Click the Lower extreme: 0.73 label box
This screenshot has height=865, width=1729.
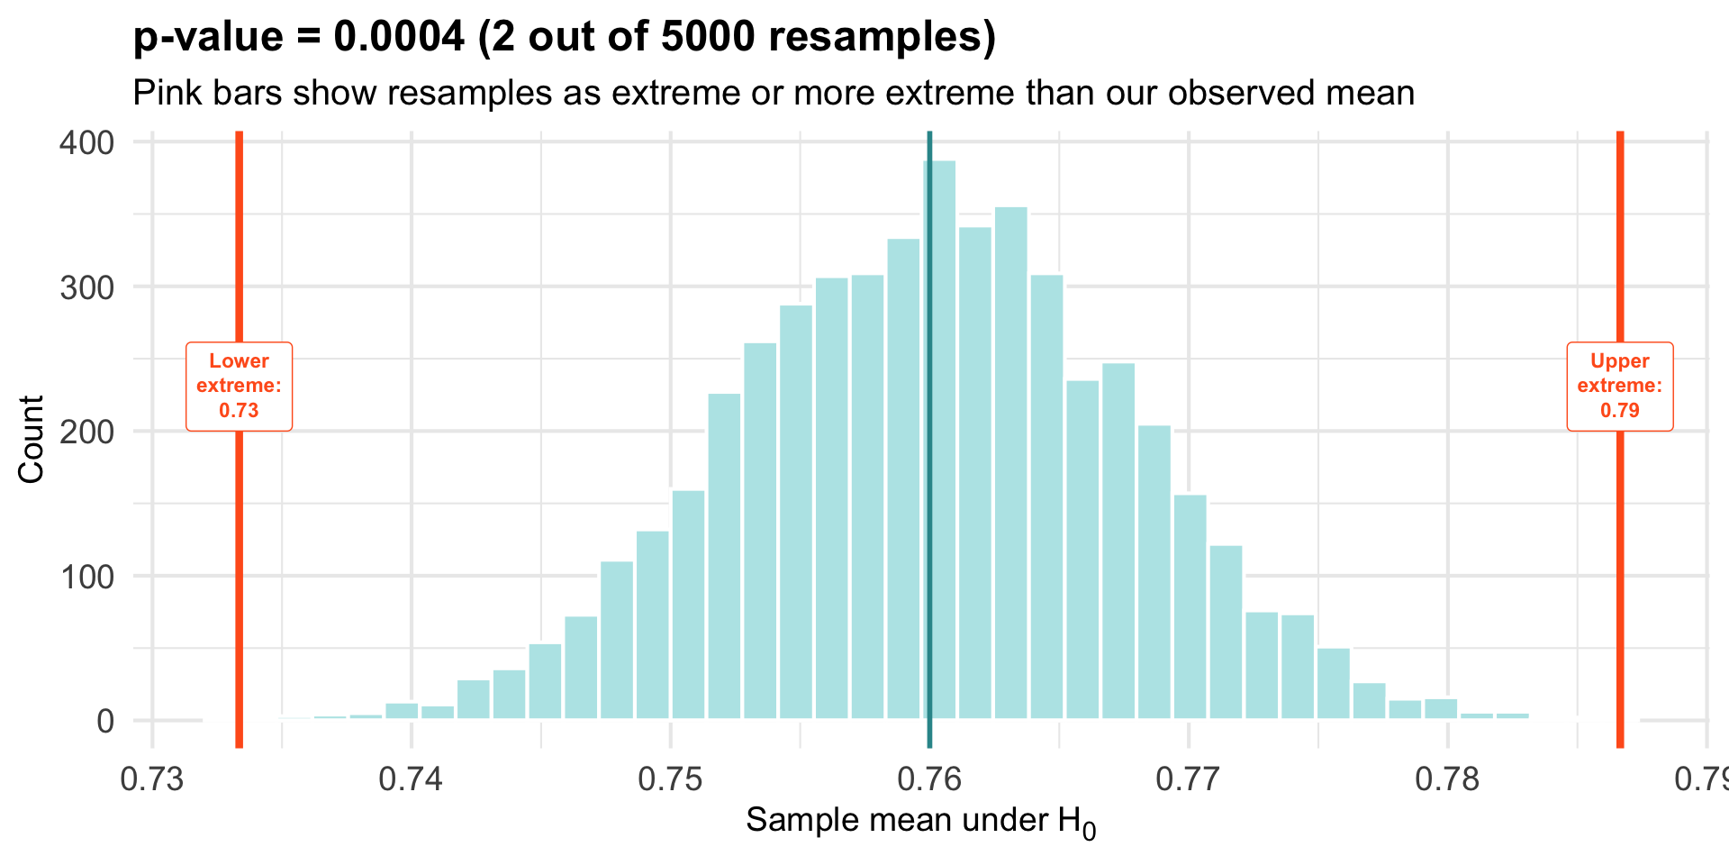point(239,387)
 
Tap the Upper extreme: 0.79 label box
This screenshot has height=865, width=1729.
point(1619,387)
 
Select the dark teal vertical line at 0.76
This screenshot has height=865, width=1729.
point(928,541)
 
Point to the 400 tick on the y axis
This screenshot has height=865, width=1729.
point(86,142)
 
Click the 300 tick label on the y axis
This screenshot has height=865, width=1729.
point(86,287)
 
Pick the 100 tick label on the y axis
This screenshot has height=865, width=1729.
point(86,577)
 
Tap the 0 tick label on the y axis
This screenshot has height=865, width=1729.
point(105,721)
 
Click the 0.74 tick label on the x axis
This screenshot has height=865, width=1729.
point(411,778)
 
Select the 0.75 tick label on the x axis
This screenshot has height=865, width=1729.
point(670,778)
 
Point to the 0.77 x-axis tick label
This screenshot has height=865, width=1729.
point(1189,778)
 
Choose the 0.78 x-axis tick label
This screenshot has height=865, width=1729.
point(1447,778)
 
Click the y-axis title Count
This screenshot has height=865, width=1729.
point(31,439)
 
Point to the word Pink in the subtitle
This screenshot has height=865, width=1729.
point(167,93)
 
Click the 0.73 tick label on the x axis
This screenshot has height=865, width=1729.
point(152,778)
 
